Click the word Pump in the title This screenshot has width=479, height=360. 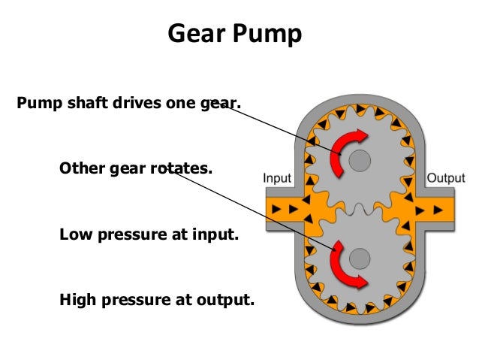pos(273,34)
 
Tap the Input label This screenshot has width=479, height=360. pos(277,178)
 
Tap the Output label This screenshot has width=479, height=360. pos(446,178)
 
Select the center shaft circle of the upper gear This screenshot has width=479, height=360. pos(360,161)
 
